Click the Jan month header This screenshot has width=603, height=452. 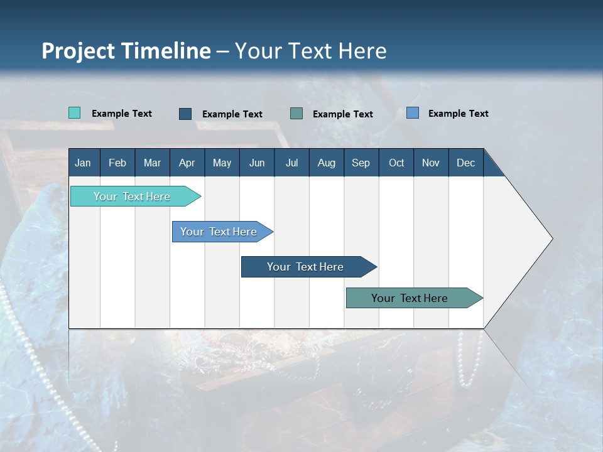[x=83, y=163]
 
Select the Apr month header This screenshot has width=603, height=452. [x=187, y=163]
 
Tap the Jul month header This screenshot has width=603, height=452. [x=291, y=163]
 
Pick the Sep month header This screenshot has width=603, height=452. [x=361, y=163]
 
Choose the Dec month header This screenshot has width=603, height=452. [x=465, y=163]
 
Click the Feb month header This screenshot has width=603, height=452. [x=117, y=163]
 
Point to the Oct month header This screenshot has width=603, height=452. [x=396, y=163]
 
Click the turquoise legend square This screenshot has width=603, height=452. [x=74, y=113]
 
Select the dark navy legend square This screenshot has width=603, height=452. [x=185, y=114]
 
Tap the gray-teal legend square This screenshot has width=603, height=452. [x=296, y=114]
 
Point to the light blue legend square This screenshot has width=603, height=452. [x=413, y=113]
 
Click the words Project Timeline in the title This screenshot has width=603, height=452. [x=126, y=51]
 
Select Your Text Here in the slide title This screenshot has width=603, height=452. [x=310, y=51]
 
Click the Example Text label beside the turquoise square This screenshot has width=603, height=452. [x=122, y=114]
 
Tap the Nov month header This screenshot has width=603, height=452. [x=430, y=163]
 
